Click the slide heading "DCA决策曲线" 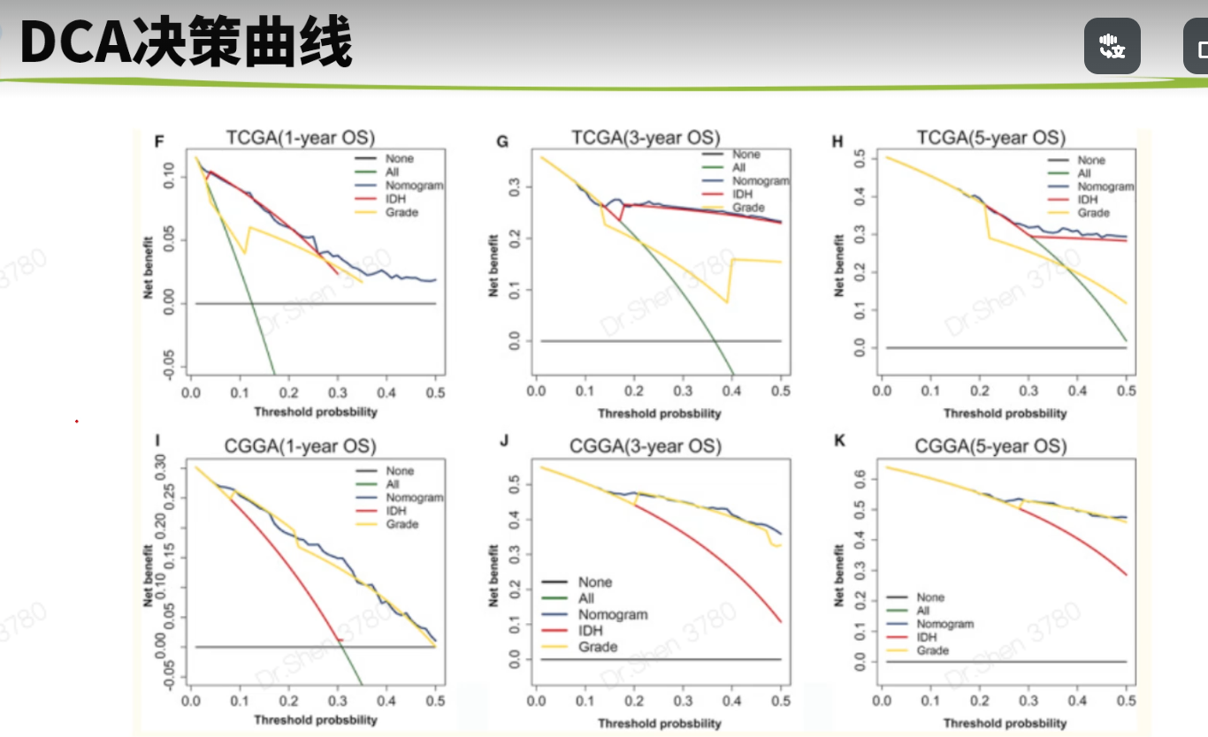point(186,42)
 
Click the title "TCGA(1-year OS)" point(301,139)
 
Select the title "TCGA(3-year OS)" point(646,139)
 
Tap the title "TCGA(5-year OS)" point(990,139)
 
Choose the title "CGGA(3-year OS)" point(646,447)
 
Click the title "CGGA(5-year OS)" point(991,447)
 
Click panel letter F point(159,141)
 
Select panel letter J point(504,438)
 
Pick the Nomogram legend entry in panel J point(613,614)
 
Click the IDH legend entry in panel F point(394,199)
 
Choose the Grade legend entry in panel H point(1093,213)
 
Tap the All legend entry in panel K point(923,611)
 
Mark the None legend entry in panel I point(400,471)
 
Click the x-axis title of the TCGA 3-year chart point(659,414)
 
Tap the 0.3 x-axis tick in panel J point(683,701)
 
